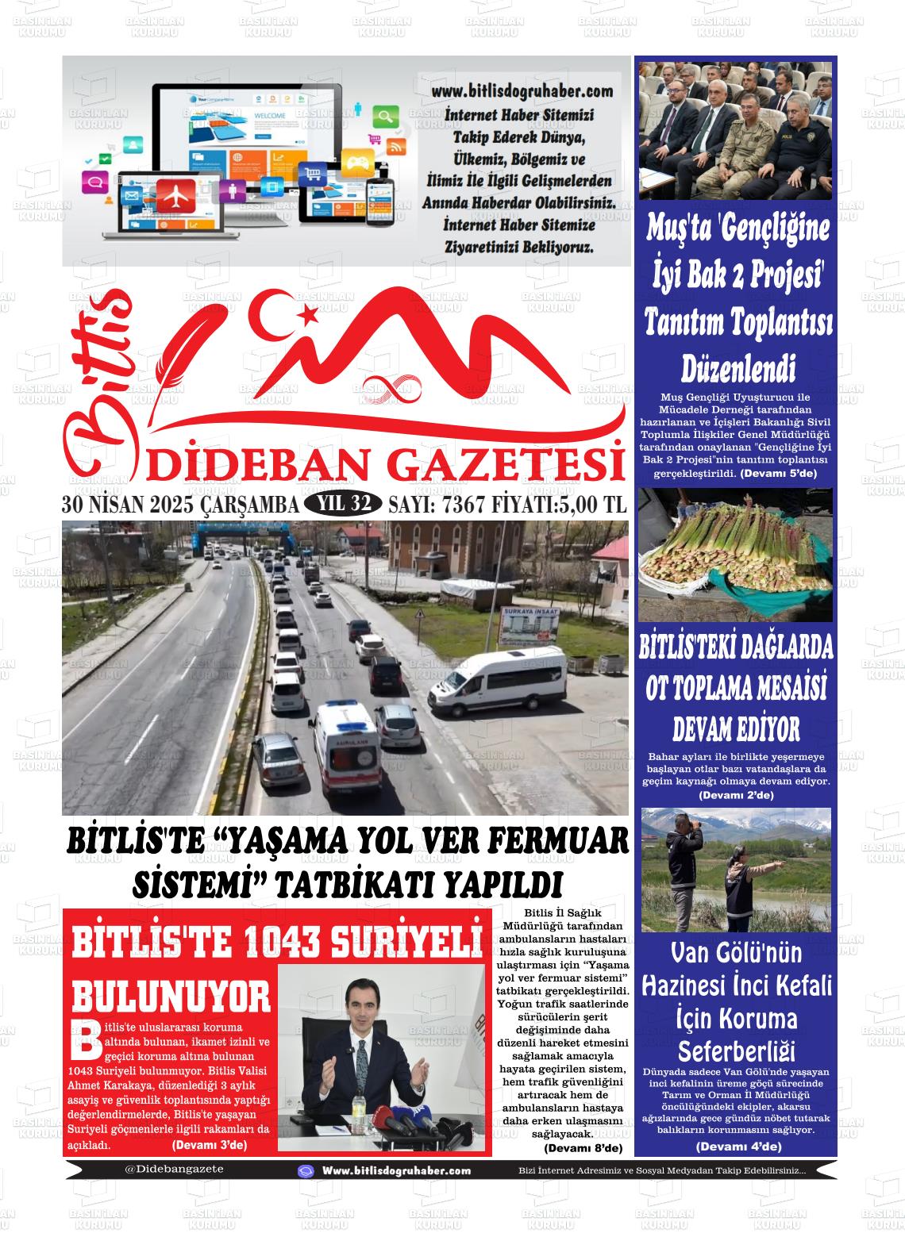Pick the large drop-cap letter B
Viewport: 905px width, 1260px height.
point(86,1040)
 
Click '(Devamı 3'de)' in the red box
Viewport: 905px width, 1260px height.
point(209,1145)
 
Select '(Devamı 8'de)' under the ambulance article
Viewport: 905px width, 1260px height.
point(583,1148)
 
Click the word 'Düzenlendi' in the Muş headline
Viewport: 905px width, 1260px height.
point(738,368)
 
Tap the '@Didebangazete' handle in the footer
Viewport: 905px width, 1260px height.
point(174,1169)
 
